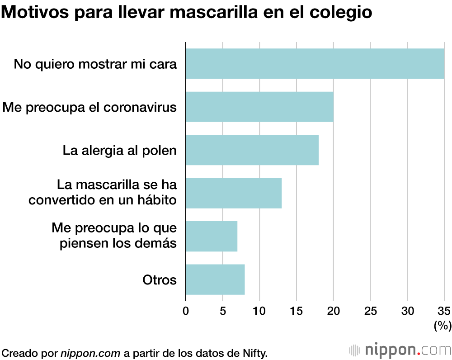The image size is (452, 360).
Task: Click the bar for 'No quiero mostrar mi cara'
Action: [x=315, y=64]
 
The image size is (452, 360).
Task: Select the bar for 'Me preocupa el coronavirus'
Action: [x=259, y=107]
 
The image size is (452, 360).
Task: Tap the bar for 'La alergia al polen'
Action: [x=252, y=150]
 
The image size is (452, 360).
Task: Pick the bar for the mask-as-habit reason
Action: [x=234, y=193]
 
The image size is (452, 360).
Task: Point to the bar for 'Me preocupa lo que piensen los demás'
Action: [x=212, y=236]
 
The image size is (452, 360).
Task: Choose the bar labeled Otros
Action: [x=215, y=279]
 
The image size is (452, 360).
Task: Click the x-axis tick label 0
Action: [x=186, y=311]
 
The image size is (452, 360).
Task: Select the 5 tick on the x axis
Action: [x=223, y=311]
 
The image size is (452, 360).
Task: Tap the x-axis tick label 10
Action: [x=259, y=311]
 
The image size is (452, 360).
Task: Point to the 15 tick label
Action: [x=297, y=311]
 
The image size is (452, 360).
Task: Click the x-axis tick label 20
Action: [x=334, y=311]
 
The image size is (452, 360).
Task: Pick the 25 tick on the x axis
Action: [x=371, y=311]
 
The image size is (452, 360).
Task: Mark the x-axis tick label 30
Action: [x=407, y=311]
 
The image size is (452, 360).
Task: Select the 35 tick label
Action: [x=444, y=311]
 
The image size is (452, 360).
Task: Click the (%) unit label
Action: [x=442, y=326]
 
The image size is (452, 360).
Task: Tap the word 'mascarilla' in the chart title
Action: [x=214, y=13]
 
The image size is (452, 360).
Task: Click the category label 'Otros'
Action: [x=159, y=280]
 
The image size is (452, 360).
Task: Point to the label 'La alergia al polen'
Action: [x=119, y=150]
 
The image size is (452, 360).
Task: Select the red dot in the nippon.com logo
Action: [x=419, y=354]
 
